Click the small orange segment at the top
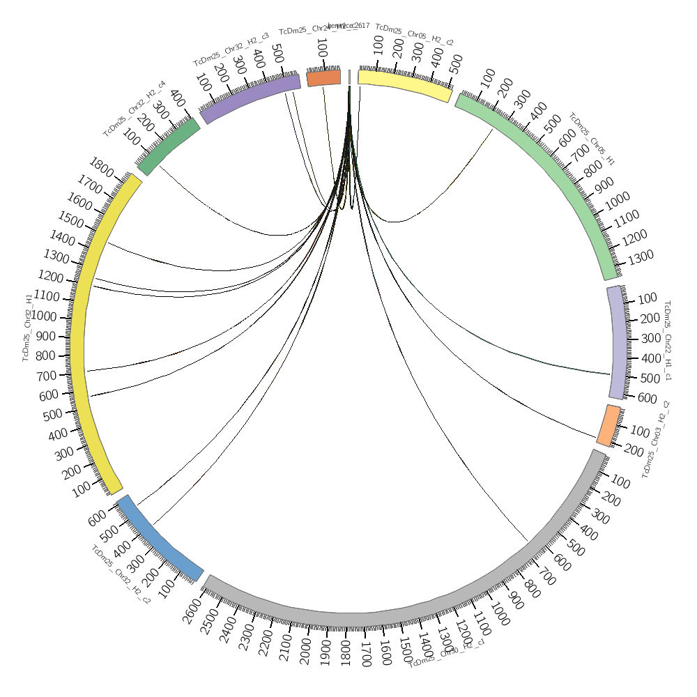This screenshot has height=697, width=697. [324, 77]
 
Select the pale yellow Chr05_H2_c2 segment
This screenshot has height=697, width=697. [404, 85]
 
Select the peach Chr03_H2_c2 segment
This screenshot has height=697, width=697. [608, 425]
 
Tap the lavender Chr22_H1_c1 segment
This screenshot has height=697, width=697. [615, 342]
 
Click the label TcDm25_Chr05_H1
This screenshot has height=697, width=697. [592, 139]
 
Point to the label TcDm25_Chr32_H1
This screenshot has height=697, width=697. [28, 327]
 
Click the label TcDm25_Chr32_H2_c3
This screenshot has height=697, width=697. [231, 49]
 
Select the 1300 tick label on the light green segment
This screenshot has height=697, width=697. [640, 256]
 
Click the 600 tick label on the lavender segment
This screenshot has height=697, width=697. [647, 398]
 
